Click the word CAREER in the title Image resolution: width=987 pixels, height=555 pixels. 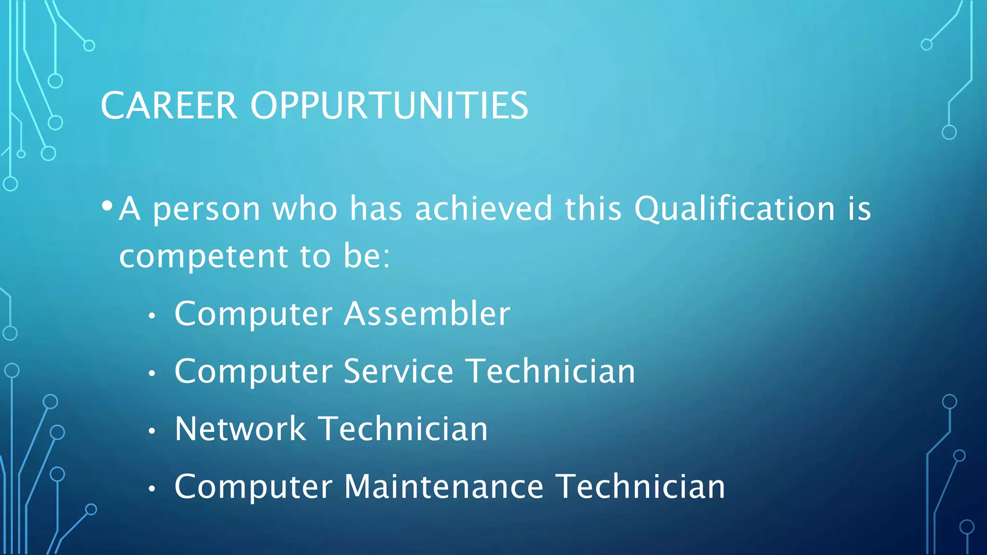pyautogui.click(x=169, y=106)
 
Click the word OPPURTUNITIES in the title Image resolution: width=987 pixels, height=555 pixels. pyautogui.click(x=389, y=106)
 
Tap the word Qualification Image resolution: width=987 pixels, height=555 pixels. pyautogui.click(x=734, y=209)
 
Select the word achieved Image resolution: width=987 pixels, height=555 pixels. pyautogui.click(x=483, y=209)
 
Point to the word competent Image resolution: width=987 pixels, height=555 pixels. pyautogui.click(x=203, y=257)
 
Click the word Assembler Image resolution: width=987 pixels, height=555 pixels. pyautogui.click(x=427, y=314)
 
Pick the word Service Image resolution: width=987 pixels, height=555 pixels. pyautogui.click(x=399, y=371)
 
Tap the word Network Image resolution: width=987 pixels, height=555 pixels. pyautogui.click(x=240, y=429)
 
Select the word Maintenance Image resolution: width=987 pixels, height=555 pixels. pyautogui.click(x=444, y=487)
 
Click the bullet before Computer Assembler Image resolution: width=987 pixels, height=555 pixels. pyautogui.click(x=152, y=316)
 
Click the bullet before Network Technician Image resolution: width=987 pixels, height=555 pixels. pyautogui.click(x=152, y=431)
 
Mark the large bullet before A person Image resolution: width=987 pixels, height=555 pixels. pyautogui.click(x=107, y=206)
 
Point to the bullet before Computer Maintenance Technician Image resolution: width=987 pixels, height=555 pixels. pyautogui.click(x=152, y=489)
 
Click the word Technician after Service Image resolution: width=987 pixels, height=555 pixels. pyautogui.click(x=551, y=371)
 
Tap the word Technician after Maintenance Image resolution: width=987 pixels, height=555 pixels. pyautogui.click(x=640, y=487)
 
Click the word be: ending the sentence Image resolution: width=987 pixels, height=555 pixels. pyautogui.click(x=366, y=256)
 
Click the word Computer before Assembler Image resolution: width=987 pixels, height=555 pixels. pyautogui.click(x=253, y=314)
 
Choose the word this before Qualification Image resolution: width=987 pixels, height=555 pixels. pyautogui.click(x=593, y=209)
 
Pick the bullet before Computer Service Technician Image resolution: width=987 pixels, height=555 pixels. pyautogui.click(x=152, y=373)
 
